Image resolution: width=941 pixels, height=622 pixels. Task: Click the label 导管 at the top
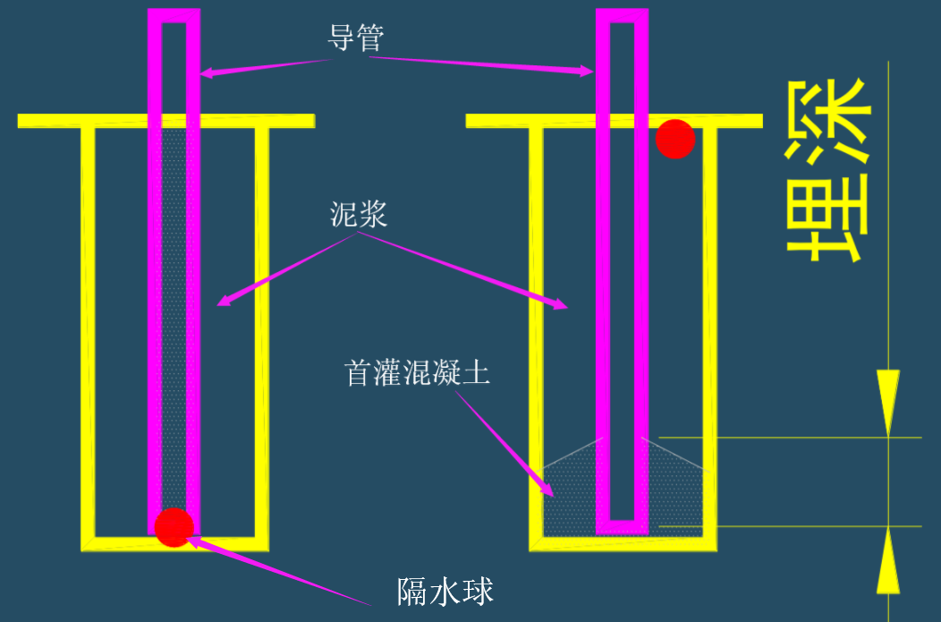[356, 37]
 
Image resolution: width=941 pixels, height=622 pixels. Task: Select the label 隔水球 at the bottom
[445, 592]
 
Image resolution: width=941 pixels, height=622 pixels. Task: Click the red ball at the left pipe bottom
[174, 526]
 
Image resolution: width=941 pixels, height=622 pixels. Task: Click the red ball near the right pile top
[675, 139]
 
